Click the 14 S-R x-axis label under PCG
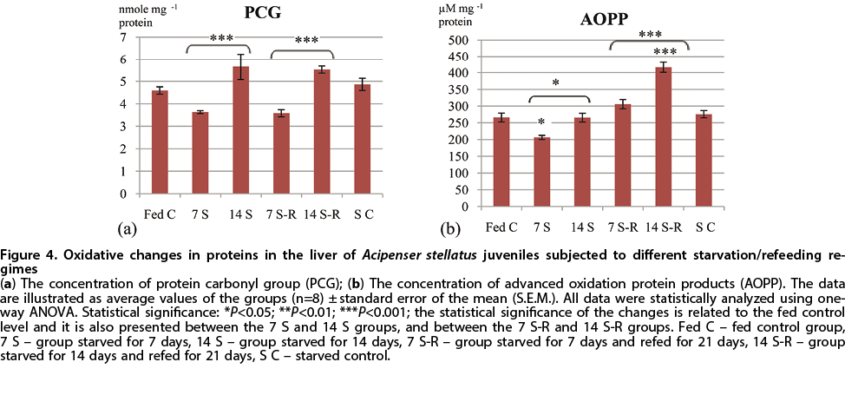point(308,212)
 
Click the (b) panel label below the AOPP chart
point(450,230)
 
